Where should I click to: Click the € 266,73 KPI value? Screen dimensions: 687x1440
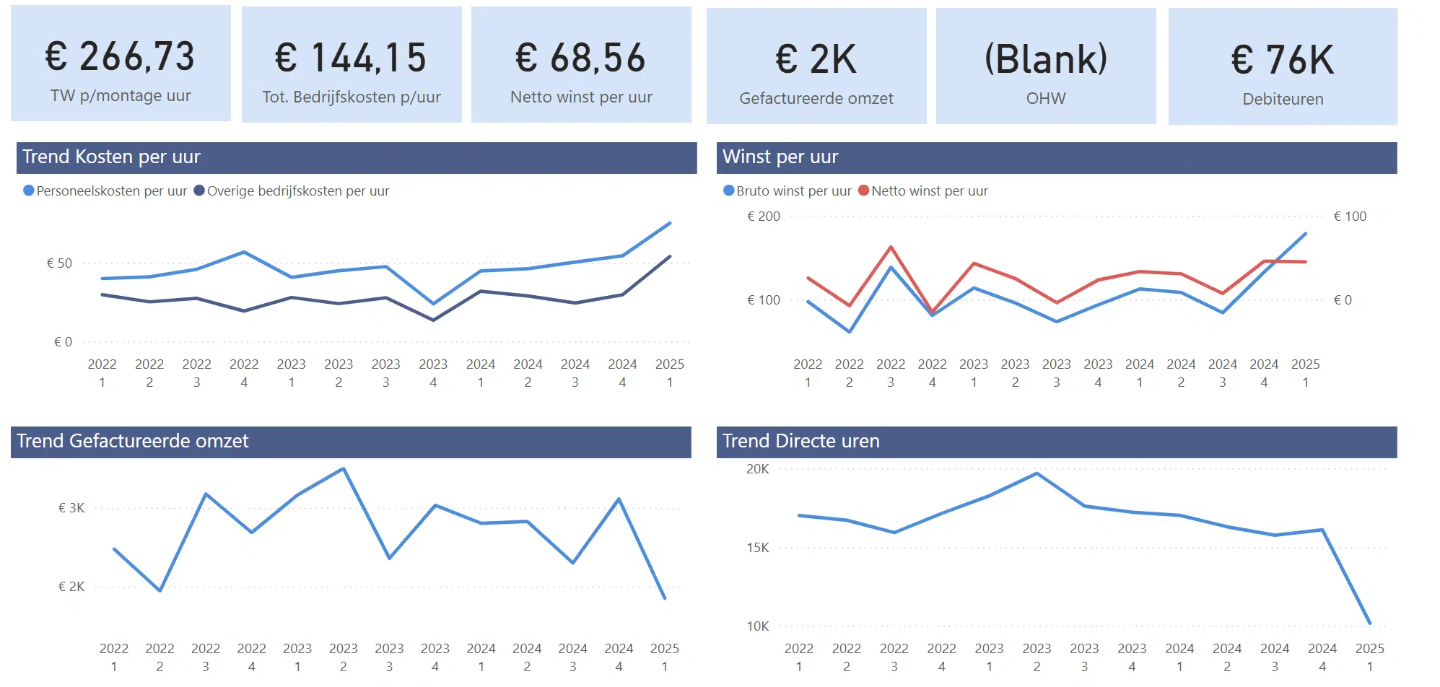120,56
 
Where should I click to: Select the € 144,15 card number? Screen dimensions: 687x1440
351,58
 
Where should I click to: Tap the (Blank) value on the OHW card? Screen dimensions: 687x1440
1045,58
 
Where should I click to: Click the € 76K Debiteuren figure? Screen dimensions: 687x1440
1282,59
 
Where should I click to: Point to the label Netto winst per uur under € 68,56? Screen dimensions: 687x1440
581,97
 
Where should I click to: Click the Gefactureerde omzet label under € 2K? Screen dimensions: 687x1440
816,98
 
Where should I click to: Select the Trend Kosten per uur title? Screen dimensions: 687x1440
111,157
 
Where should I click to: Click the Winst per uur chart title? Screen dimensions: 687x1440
780,157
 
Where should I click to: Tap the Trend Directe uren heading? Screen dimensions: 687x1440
800,441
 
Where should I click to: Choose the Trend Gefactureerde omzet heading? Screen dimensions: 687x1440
132,441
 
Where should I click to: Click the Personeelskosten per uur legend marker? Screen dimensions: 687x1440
29,191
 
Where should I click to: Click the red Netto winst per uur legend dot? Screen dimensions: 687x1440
863,191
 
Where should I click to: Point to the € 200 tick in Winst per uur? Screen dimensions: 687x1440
763,216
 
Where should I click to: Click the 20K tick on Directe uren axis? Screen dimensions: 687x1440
757,469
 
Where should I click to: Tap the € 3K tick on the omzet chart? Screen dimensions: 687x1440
71,508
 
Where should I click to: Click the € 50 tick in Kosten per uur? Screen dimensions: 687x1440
59,263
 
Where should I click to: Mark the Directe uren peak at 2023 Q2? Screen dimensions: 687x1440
1037,473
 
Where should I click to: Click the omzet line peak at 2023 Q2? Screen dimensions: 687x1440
344,469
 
